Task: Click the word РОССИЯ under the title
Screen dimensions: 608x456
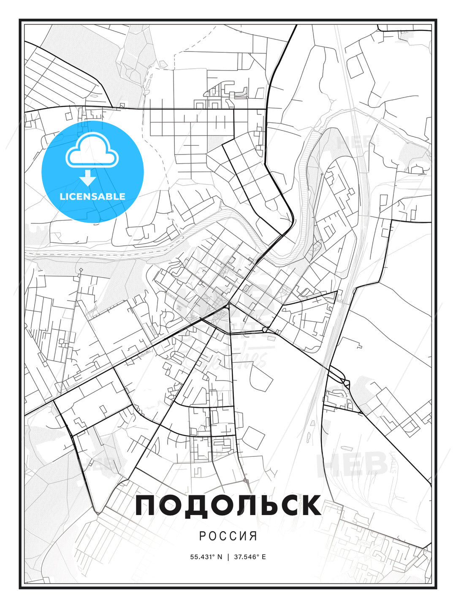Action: pos(228,536)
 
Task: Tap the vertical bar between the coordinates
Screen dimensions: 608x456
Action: pos(228,556)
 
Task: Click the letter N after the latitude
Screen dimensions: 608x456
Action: pos(220,556)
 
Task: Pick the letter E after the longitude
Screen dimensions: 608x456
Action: pos(264,556)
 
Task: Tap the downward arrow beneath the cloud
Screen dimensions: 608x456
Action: pos(88,178)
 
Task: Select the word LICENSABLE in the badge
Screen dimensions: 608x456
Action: pos(92,196)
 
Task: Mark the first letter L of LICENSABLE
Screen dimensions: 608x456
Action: pos(62,196)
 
